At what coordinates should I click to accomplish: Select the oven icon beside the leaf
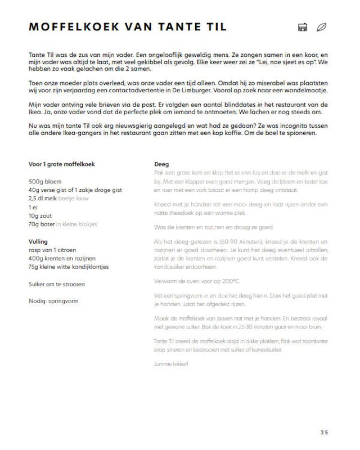coord(303,26)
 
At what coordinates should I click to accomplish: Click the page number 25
coord(324,432)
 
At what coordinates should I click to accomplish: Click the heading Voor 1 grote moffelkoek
coord(61,164)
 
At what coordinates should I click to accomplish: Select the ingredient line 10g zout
coord(41,215)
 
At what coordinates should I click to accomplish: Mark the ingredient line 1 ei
coord(33,207)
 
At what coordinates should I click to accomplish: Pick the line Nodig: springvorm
coord(53,301)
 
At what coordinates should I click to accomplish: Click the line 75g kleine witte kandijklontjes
coord(68,266)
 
